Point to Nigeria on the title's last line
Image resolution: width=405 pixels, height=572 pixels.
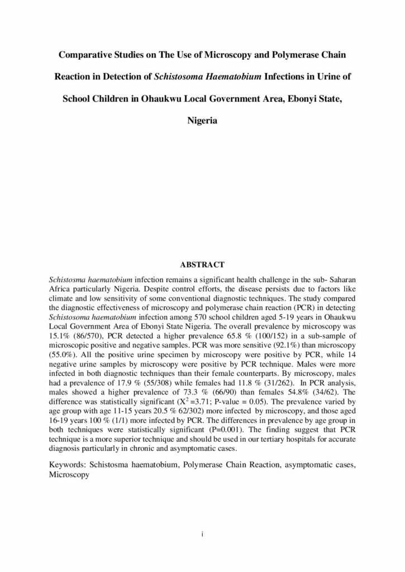[x=202, y=120]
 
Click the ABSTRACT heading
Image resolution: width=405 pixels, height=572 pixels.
[x=202, y=264]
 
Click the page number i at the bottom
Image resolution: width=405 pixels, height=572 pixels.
[x=202, y=535]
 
